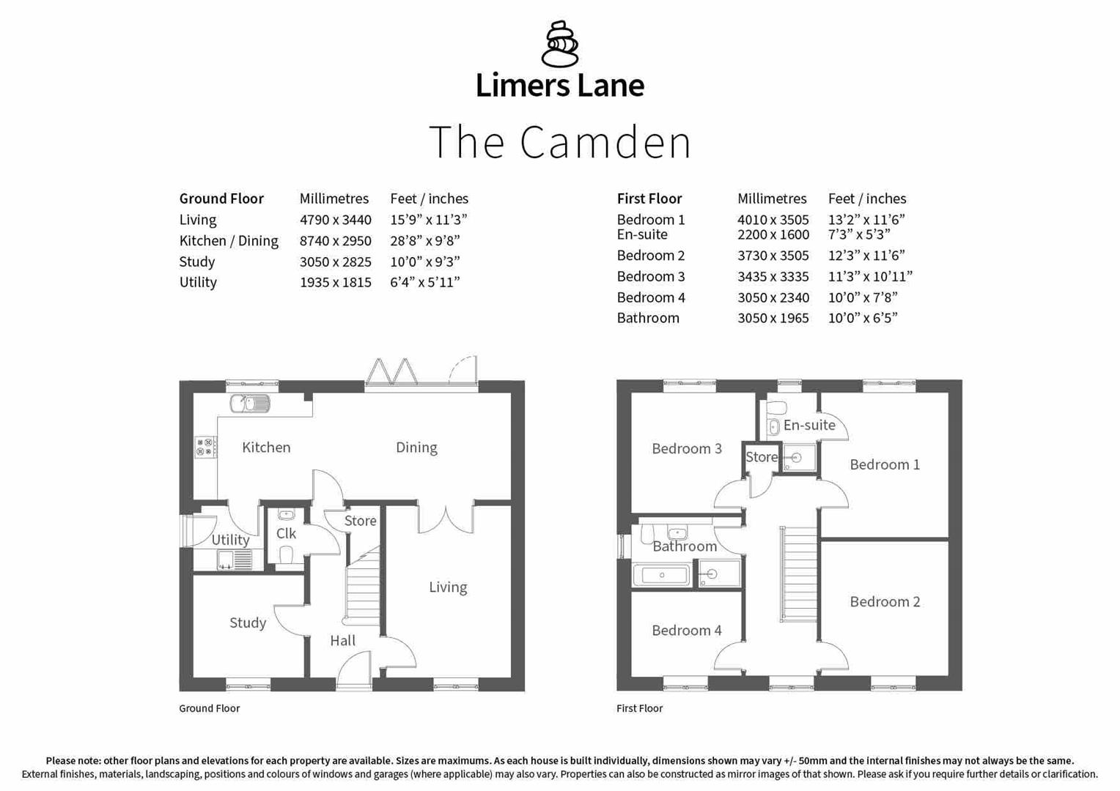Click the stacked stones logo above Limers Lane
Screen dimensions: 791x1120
click(x=559, y=44)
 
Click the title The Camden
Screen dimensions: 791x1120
click(x=559, y=142)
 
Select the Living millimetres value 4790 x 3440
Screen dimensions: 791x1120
click(x=335, y=220)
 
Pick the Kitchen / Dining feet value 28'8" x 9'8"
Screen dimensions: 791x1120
click(x=424, y=241)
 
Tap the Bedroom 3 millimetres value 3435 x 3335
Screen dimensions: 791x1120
click(x=773, y=277)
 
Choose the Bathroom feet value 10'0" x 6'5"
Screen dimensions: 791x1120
click(x=862, y=319)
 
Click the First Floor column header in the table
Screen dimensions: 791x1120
click(x=649, y=198)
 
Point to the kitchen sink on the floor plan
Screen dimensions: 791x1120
click(x=250, y=404)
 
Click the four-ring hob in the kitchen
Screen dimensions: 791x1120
click(x=205, y=447)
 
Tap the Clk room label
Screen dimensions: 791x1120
click(x=286, y=534)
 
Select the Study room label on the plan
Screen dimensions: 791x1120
click(x=248, y=623)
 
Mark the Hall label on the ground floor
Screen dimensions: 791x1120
click(x=342, y=641)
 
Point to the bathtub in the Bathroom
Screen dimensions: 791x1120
click(x=661, y=575)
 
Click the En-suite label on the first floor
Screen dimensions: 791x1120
click(x=808, y=426)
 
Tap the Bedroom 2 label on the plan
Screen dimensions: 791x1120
click(x=884, y=602)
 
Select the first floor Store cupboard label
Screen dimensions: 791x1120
click(x=761, y=457)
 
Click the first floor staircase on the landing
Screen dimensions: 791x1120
click(x=798, y=575)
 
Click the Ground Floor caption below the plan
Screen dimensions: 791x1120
click(x=209, y=708)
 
